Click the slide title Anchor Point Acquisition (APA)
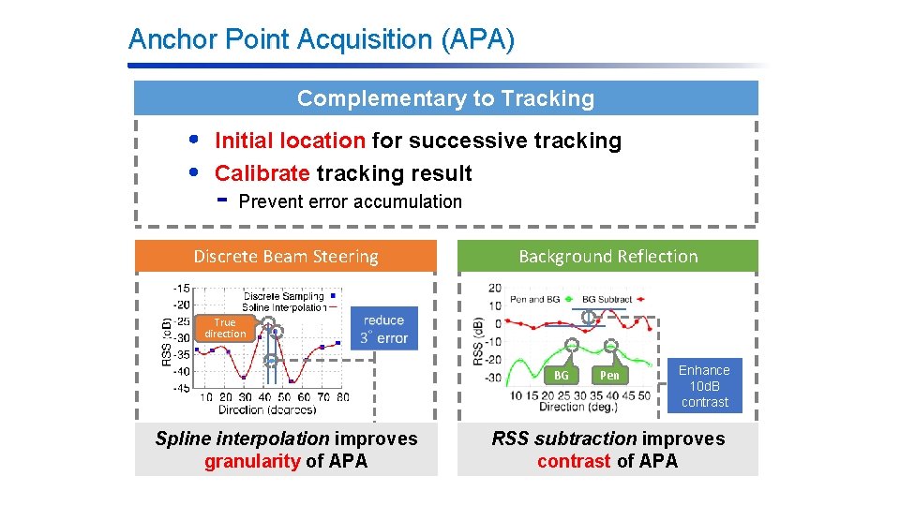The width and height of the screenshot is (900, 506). click(321, 39)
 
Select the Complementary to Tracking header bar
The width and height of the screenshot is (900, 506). click(445, 98)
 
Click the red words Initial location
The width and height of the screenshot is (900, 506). click(290, 141)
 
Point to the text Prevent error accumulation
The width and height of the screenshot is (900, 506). click(350, 201)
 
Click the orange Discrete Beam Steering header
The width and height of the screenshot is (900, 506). click(286, 256)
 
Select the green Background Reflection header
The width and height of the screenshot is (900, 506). click(607, 256)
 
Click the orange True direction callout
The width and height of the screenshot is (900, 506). click(225, 328)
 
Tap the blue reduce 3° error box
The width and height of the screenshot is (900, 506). click(384, 329)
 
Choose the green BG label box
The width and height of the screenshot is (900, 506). click(561, 375)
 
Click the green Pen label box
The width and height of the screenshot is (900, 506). click(609, 375)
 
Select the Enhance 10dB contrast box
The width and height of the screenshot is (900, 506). click(704, 386)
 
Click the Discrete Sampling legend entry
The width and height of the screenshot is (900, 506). click(286, 296)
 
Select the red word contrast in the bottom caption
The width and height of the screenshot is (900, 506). click(574, 461)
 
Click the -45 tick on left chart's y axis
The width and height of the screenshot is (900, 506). click(181, 387)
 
